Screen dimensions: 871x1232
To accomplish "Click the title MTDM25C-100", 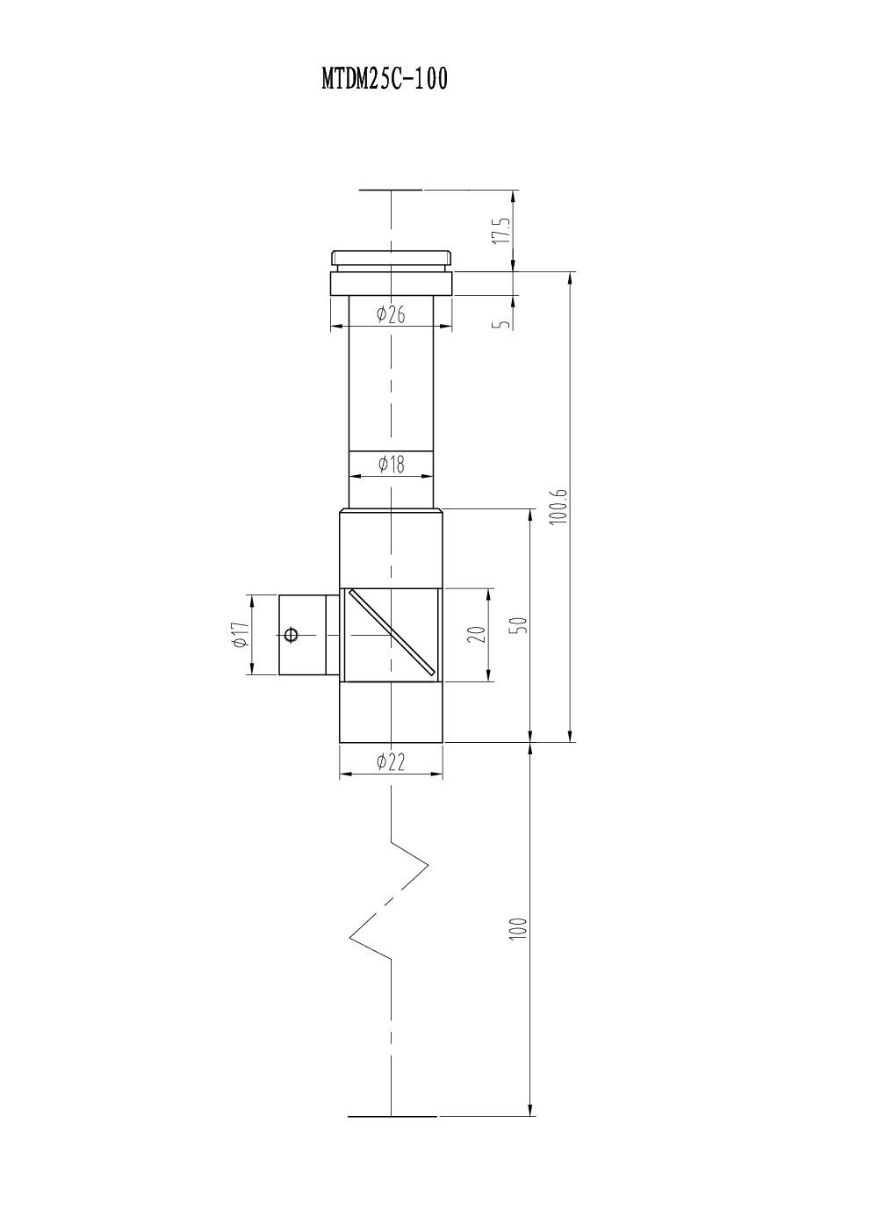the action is pyautogui.click(x=385, y=78).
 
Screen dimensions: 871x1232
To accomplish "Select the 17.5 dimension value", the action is pyautogui.click(x=501, y=231).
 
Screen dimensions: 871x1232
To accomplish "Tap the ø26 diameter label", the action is pyautogui.click(x=391, y=315).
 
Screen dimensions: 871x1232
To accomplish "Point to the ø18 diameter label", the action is pyautogui.click(x=391, y=465).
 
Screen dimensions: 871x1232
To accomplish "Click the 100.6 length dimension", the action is pyautogui.click(x=558, y=506).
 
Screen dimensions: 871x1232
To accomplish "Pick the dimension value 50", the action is pyautogui.click(x=519, y=625).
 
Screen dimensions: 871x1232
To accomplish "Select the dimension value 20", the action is pyautogui.click(x=479, y=635).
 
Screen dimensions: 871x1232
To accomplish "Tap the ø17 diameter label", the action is pyautogui.click(x=241, y=635).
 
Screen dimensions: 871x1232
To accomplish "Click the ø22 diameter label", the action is pyautogui.click(x=391, y=762).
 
